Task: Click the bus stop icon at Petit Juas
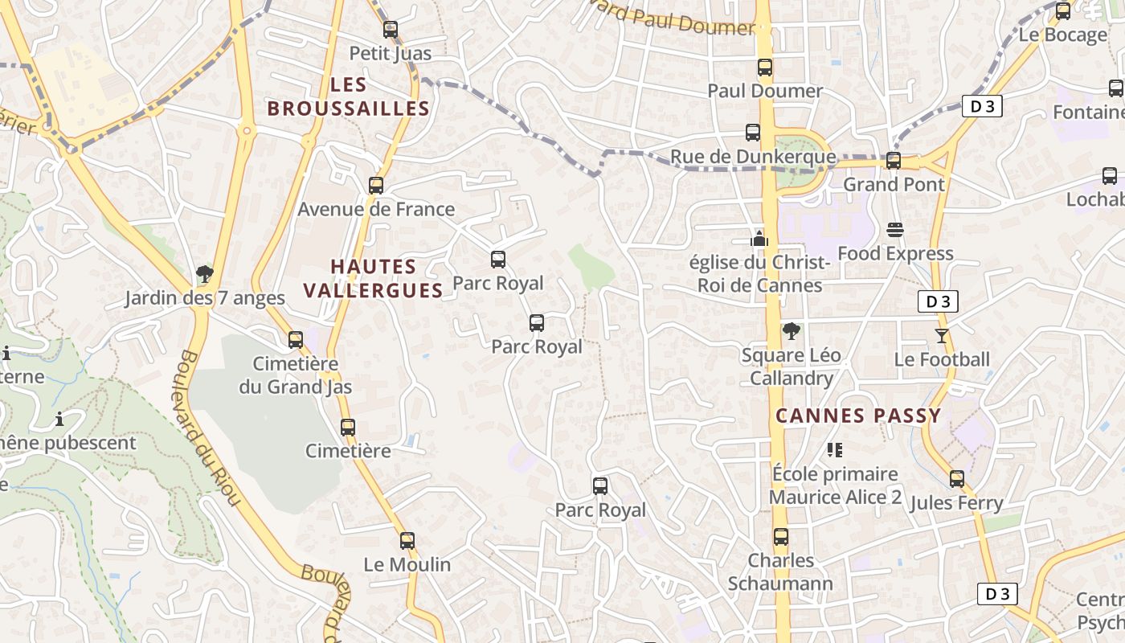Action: (x=391, y=30)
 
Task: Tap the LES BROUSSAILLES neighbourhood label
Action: (x=348, y=96)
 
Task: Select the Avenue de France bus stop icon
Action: (x=376, y=186)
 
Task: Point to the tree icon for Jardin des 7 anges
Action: (x=205, y=274)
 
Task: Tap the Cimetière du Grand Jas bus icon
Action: (x=296, y=339)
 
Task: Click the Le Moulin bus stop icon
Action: (x=407, y=540)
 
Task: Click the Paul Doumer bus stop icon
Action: (x=765, y=68)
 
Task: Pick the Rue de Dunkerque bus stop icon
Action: (x=753, y=133)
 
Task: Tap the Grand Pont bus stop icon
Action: (x=894, y=161)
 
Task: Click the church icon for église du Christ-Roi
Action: (x=759, y=239)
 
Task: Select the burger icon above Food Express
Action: (x=895, y=230)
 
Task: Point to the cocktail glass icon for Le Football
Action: (x=942, y=335)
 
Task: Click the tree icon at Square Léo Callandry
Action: (x=792, y=330)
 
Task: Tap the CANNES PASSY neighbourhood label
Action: (x=857, y=416)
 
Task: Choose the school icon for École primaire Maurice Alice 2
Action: (x=835, y=450)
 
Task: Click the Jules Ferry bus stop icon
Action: (x=956, y=479)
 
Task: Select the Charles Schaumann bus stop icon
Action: (x=781, y=537)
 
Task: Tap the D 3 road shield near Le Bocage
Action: (x=981, y=106)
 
